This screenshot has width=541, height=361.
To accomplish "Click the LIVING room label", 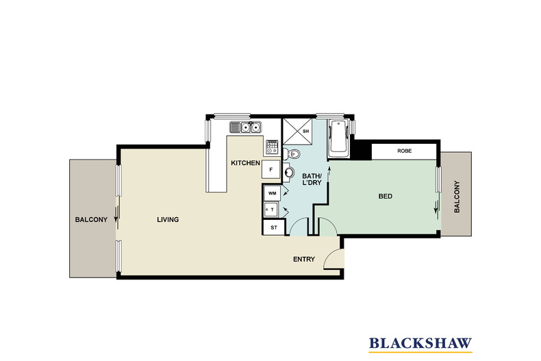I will pos(167,220).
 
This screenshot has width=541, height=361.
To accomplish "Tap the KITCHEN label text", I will pos(245,163).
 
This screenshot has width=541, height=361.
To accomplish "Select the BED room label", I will pos(385,197).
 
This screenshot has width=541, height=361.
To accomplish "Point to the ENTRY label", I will pos(303,259).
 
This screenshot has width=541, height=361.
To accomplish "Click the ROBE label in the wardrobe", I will pos(403,151).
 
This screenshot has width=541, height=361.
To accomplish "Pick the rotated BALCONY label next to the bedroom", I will pos(457,197).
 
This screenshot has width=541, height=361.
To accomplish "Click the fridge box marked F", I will pos(271,169).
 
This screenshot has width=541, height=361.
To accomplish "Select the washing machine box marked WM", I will pos(272,194).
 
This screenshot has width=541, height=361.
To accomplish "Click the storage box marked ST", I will pos(273,227).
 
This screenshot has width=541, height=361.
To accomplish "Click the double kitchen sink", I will pos(244,127).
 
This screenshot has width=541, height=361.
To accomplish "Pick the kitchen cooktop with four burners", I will pos(272,146).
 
